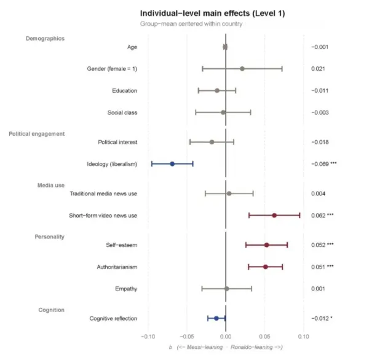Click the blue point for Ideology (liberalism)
172,164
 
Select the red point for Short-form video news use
274,216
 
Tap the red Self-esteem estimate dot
267,245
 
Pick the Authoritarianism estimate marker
266,267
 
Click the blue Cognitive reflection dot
216,318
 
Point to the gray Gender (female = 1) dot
242,69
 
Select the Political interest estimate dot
212,142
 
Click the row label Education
124,91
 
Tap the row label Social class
122,112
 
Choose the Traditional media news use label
103,194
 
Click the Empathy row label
126,289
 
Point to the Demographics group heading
45,39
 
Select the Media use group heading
51,186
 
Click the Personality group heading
50,237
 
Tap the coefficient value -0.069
320,164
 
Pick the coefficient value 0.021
318,69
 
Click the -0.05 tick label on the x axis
187,337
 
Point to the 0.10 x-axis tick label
304,337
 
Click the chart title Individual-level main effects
195,14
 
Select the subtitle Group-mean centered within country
191,24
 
